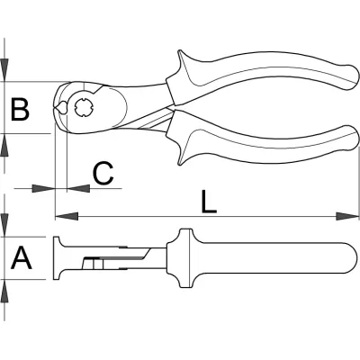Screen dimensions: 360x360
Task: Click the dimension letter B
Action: [20, 109]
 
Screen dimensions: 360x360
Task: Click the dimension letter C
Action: [103, 173]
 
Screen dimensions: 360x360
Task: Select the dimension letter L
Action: [209, 202]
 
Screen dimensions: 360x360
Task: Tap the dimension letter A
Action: [22, 257]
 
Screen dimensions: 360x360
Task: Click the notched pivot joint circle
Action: [85, 108]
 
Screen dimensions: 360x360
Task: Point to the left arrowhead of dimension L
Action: [67, 216]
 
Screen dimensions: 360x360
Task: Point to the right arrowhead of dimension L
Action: [347, 216]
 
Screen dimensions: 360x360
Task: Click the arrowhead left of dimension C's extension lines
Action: [44, 188]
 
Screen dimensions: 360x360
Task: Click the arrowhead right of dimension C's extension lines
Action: [78, 188]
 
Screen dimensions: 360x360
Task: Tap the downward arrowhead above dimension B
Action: [4, 70]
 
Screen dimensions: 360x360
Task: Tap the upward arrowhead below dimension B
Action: [4, 145]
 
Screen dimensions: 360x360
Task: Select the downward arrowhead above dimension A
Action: [4, 225]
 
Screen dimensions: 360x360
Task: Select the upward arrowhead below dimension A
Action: [4, 291]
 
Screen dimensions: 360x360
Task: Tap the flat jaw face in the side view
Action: [56, 258]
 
